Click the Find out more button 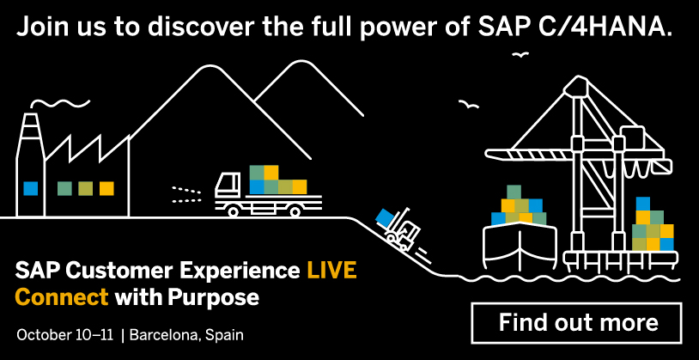(x=576, y=323)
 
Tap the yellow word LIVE (x=331, y=271)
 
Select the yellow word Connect (x=62, y=296)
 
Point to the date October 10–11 (x=65, y=334)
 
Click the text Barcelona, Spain (x=186, y=335)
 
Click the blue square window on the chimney (x=30, y=188)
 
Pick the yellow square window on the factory (x=106, y=188)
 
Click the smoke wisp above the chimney (x=61, y=103)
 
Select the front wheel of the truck (x=233, y=211)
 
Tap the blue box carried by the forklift (x=384, y=217)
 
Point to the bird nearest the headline (x=520, y=54)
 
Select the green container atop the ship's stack (x=514, y=192)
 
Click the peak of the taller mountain (x=208, y=66)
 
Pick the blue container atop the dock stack (x=643, y=204)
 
